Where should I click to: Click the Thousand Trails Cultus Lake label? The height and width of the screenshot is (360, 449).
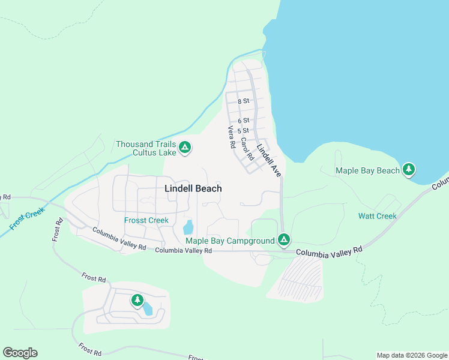click(146, 148)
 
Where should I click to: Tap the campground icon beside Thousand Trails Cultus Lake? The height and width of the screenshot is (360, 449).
click(185, 147)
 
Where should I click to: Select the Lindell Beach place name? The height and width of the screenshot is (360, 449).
click(193, 188)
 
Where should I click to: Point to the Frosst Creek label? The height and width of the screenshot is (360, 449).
click(146, 220)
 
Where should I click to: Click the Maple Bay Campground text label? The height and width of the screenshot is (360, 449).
click(230, 241)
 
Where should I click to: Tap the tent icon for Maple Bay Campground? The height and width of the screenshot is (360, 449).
click(284, 241)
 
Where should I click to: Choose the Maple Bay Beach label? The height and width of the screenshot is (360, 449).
click(367, 170)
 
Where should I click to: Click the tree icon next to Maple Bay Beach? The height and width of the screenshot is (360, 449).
click(409, 170)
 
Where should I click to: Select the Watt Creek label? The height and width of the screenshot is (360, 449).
click(377, 216)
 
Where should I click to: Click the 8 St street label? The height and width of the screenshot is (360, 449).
click(243, 101)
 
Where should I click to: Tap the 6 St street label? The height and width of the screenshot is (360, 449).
click(243, 121)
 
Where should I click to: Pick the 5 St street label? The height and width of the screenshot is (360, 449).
click(243, 130)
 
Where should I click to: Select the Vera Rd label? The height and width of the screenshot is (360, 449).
click(230, 138)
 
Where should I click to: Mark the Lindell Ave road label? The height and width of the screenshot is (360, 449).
click(269, 160)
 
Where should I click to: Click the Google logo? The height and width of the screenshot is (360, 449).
click(20, 353)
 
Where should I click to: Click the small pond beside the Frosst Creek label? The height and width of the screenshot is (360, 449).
click(188, 227)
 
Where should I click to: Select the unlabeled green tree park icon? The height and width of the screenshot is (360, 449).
click(137, 299)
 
